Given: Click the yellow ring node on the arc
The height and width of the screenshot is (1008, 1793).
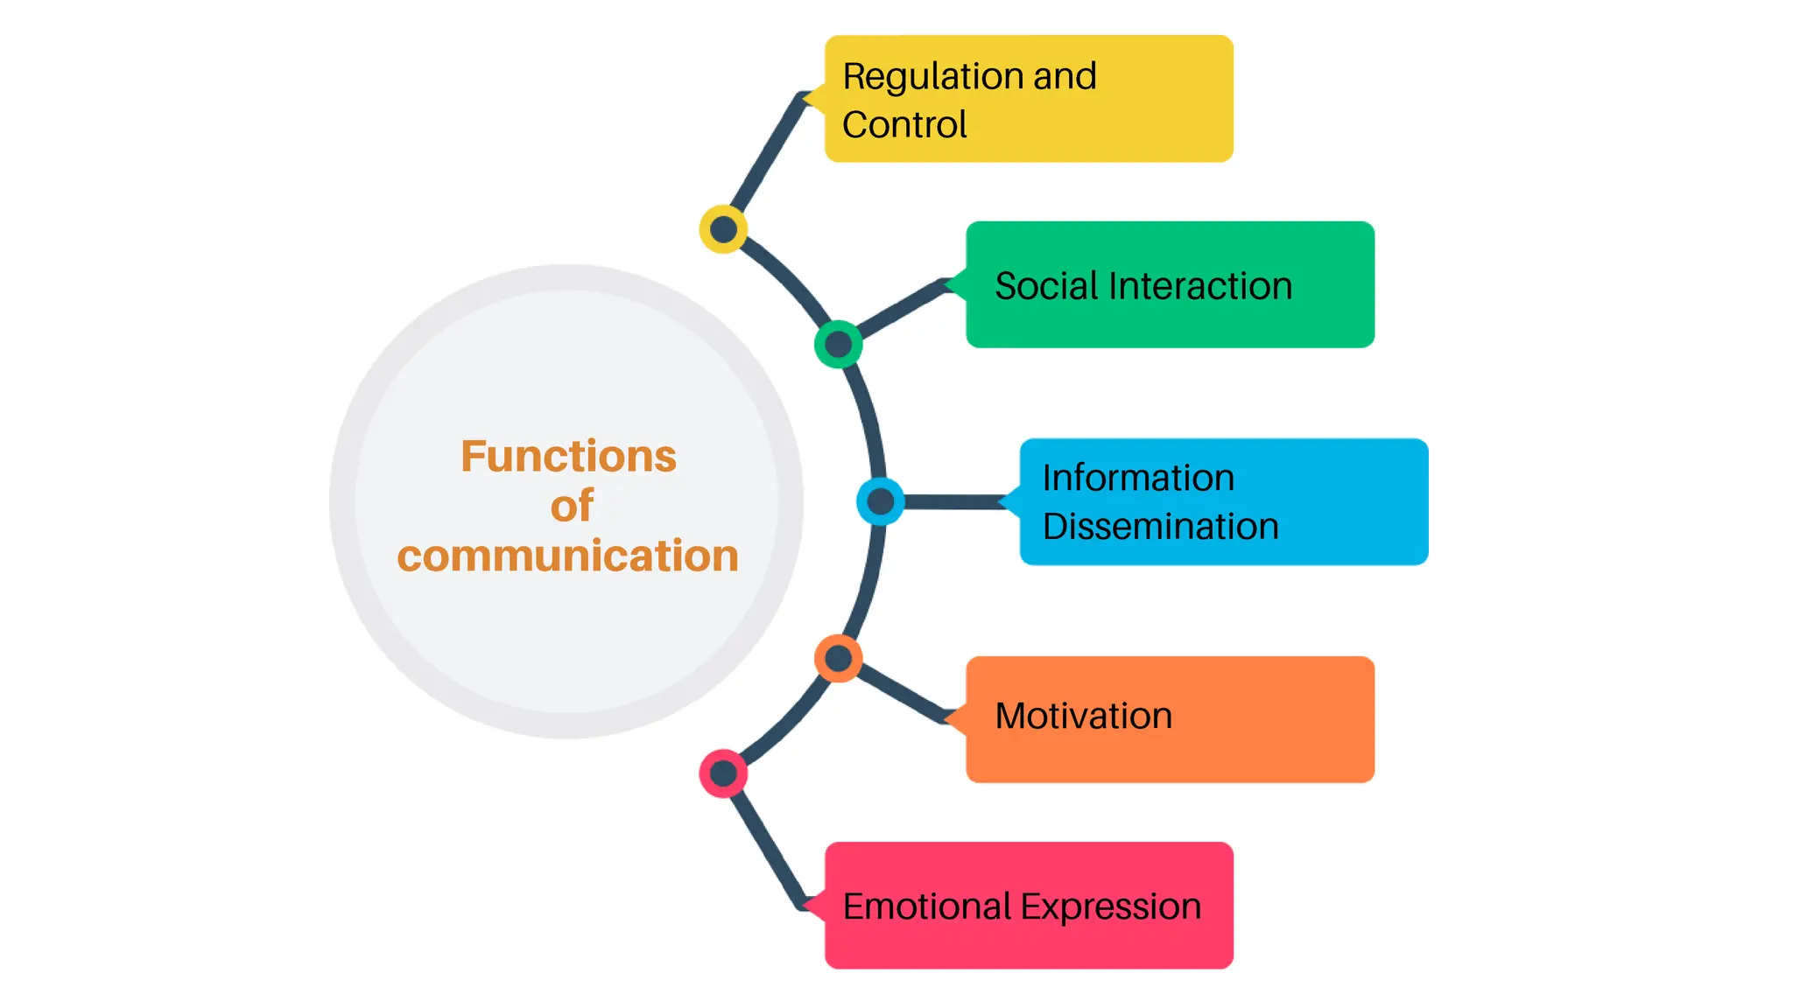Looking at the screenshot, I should point(723,229).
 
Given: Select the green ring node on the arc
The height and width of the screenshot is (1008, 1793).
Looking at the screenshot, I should point(838,344).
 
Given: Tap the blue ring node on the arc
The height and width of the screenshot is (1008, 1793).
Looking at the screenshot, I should point(880,501).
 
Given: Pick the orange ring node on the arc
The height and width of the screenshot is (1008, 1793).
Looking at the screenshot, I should point(838,659).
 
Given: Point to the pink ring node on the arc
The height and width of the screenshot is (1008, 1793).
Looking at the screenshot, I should point(723,773).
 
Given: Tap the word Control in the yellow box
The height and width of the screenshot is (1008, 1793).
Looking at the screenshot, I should point(904,124).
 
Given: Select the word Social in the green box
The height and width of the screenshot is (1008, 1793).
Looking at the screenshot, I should point(1045,286).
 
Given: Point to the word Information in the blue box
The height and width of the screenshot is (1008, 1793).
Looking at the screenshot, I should point(1137,478).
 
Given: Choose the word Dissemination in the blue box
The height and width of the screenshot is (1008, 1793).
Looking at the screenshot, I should point(1160,527).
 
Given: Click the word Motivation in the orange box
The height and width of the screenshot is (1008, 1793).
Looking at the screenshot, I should point(1083,716).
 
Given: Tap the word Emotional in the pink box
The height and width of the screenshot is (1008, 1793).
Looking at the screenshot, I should point(926,906).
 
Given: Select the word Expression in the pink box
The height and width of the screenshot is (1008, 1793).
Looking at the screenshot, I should point(1111,907).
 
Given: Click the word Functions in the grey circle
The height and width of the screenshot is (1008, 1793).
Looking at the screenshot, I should point(568,456).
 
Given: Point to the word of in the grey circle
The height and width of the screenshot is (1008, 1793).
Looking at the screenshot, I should point(572,506).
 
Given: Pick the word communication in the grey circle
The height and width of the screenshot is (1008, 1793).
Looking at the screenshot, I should point(567,556).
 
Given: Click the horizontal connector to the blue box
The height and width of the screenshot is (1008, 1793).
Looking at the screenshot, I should point(954,501).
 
